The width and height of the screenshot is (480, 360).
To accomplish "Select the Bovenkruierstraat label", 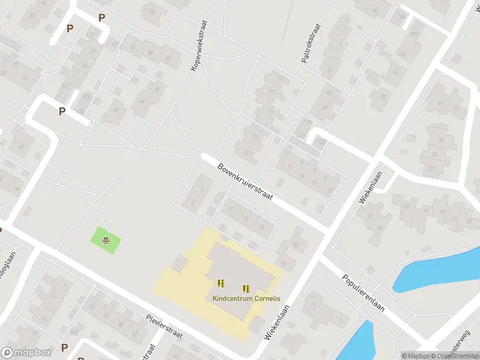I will click(245, 184).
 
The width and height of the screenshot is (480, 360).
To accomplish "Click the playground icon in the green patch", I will click(106, 241).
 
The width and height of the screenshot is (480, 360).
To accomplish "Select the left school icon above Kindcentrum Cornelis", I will click(220, 283).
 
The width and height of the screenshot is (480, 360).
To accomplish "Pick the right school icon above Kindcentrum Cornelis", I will click(245, 288).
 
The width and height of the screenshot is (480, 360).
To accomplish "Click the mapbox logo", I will click(26, 352).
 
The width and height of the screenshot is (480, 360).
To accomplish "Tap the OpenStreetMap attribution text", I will click(456, 356).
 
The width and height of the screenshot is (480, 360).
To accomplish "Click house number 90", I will click(295, 245).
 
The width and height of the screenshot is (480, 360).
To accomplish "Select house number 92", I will click(283, 263).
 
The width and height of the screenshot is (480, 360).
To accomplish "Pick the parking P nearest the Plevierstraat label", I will click(64, 347).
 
